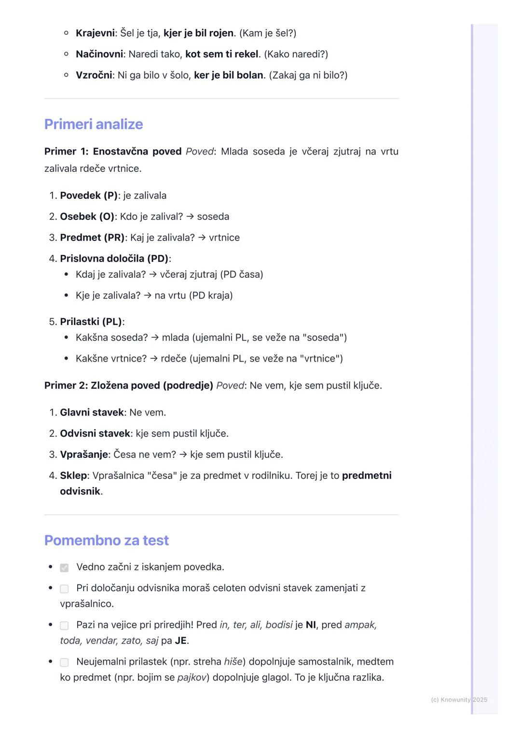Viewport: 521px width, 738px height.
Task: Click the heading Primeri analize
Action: click(x=94, y=124)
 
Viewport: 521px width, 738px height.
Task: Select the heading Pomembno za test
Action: click(x=107, y=540)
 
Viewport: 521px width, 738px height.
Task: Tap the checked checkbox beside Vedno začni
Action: click(x=64, y=568)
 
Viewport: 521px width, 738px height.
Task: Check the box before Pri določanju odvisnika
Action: click(x=64, y=589)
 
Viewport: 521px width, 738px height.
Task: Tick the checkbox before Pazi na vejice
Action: click(x=64, y=625)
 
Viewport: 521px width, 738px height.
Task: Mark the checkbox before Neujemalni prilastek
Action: click(x=64, y=662)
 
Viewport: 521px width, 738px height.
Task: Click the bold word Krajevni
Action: click(x=95, y=33)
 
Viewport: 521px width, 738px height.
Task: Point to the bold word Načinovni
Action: click(x=99, y=54)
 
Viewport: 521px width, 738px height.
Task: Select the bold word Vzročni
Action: click(x=94, y=75)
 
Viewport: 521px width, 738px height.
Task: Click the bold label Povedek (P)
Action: click(x=89, y=196)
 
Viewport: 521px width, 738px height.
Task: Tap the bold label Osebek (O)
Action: click(x=87, y=216)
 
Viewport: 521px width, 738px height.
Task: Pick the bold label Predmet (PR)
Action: click(x=92, y=238)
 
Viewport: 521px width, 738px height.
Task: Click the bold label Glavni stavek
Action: click(x=92, y=412)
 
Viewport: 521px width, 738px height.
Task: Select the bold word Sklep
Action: click(x=73, y=476)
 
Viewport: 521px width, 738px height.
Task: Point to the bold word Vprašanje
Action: click(x=83, y=454)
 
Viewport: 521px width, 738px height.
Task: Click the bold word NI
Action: click(x=311, y=625)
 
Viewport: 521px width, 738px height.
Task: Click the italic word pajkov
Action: click(x=192, y=678)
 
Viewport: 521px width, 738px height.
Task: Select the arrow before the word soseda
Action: click(x=190, y=216)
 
